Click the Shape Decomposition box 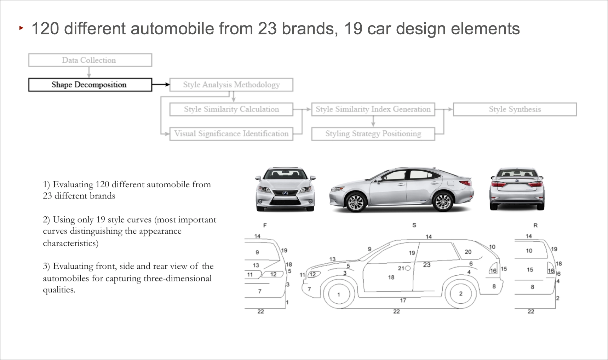[x=90, y=85]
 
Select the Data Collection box [x=90, y=60]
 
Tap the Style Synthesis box [x=515, y=109]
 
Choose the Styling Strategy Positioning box [x=373, y=134]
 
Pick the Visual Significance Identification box [x=231, y=134]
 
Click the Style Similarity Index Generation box [x=373, y=109]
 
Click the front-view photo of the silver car [x=285, y=189]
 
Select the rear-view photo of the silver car [x=517, y=189]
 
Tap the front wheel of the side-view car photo [x=356, y=202]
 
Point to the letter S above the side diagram [x=414, y=225]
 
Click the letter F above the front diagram [x=265, y=225]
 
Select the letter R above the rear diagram [x=535, y=225]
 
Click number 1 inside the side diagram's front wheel [x=339, y=295]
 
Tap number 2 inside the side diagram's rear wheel [x=461, y=293]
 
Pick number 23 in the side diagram [x=427, y=265]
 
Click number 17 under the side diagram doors [x=403, y=301]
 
